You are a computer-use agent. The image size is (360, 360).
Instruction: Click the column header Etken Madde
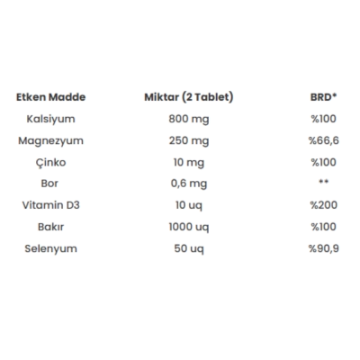[50, 97]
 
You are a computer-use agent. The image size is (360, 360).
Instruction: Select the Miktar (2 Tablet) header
[189, 97]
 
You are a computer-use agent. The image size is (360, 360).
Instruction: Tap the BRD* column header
[323, 97]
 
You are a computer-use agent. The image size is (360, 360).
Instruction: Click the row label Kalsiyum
[50, 120]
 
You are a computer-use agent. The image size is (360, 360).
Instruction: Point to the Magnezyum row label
[50, 141]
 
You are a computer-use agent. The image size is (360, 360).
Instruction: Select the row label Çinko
[50, 163]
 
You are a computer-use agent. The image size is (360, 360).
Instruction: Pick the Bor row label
[49, 184]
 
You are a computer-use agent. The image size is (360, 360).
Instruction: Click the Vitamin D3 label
[50, 205]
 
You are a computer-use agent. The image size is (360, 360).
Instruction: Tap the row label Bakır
[50, 227]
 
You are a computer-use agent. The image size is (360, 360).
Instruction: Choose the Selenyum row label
[50, 249]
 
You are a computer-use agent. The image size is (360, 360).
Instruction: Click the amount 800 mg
[189, 120]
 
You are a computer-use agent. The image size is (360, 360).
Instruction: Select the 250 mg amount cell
[189, 141]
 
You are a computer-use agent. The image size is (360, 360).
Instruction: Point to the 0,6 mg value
[189, 184]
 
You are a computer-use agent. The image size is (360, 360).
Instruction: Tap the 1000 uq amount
[189, 228]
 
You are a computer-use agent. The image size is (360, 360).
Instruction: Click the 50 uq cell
[189, 249]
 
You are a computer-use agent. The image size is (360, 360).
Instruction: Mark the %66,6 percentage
[324, 140]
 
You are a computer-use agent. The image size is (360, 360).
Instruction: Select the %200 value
[324, 205]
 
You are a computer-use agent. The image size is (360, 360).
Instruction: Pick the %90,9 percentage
[324, 248]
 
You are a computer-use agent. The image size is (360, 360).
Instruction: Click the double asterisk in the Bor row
[323, 182]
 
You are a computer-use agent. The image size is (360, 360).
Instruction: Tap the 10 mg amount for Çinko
[189, 163]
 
